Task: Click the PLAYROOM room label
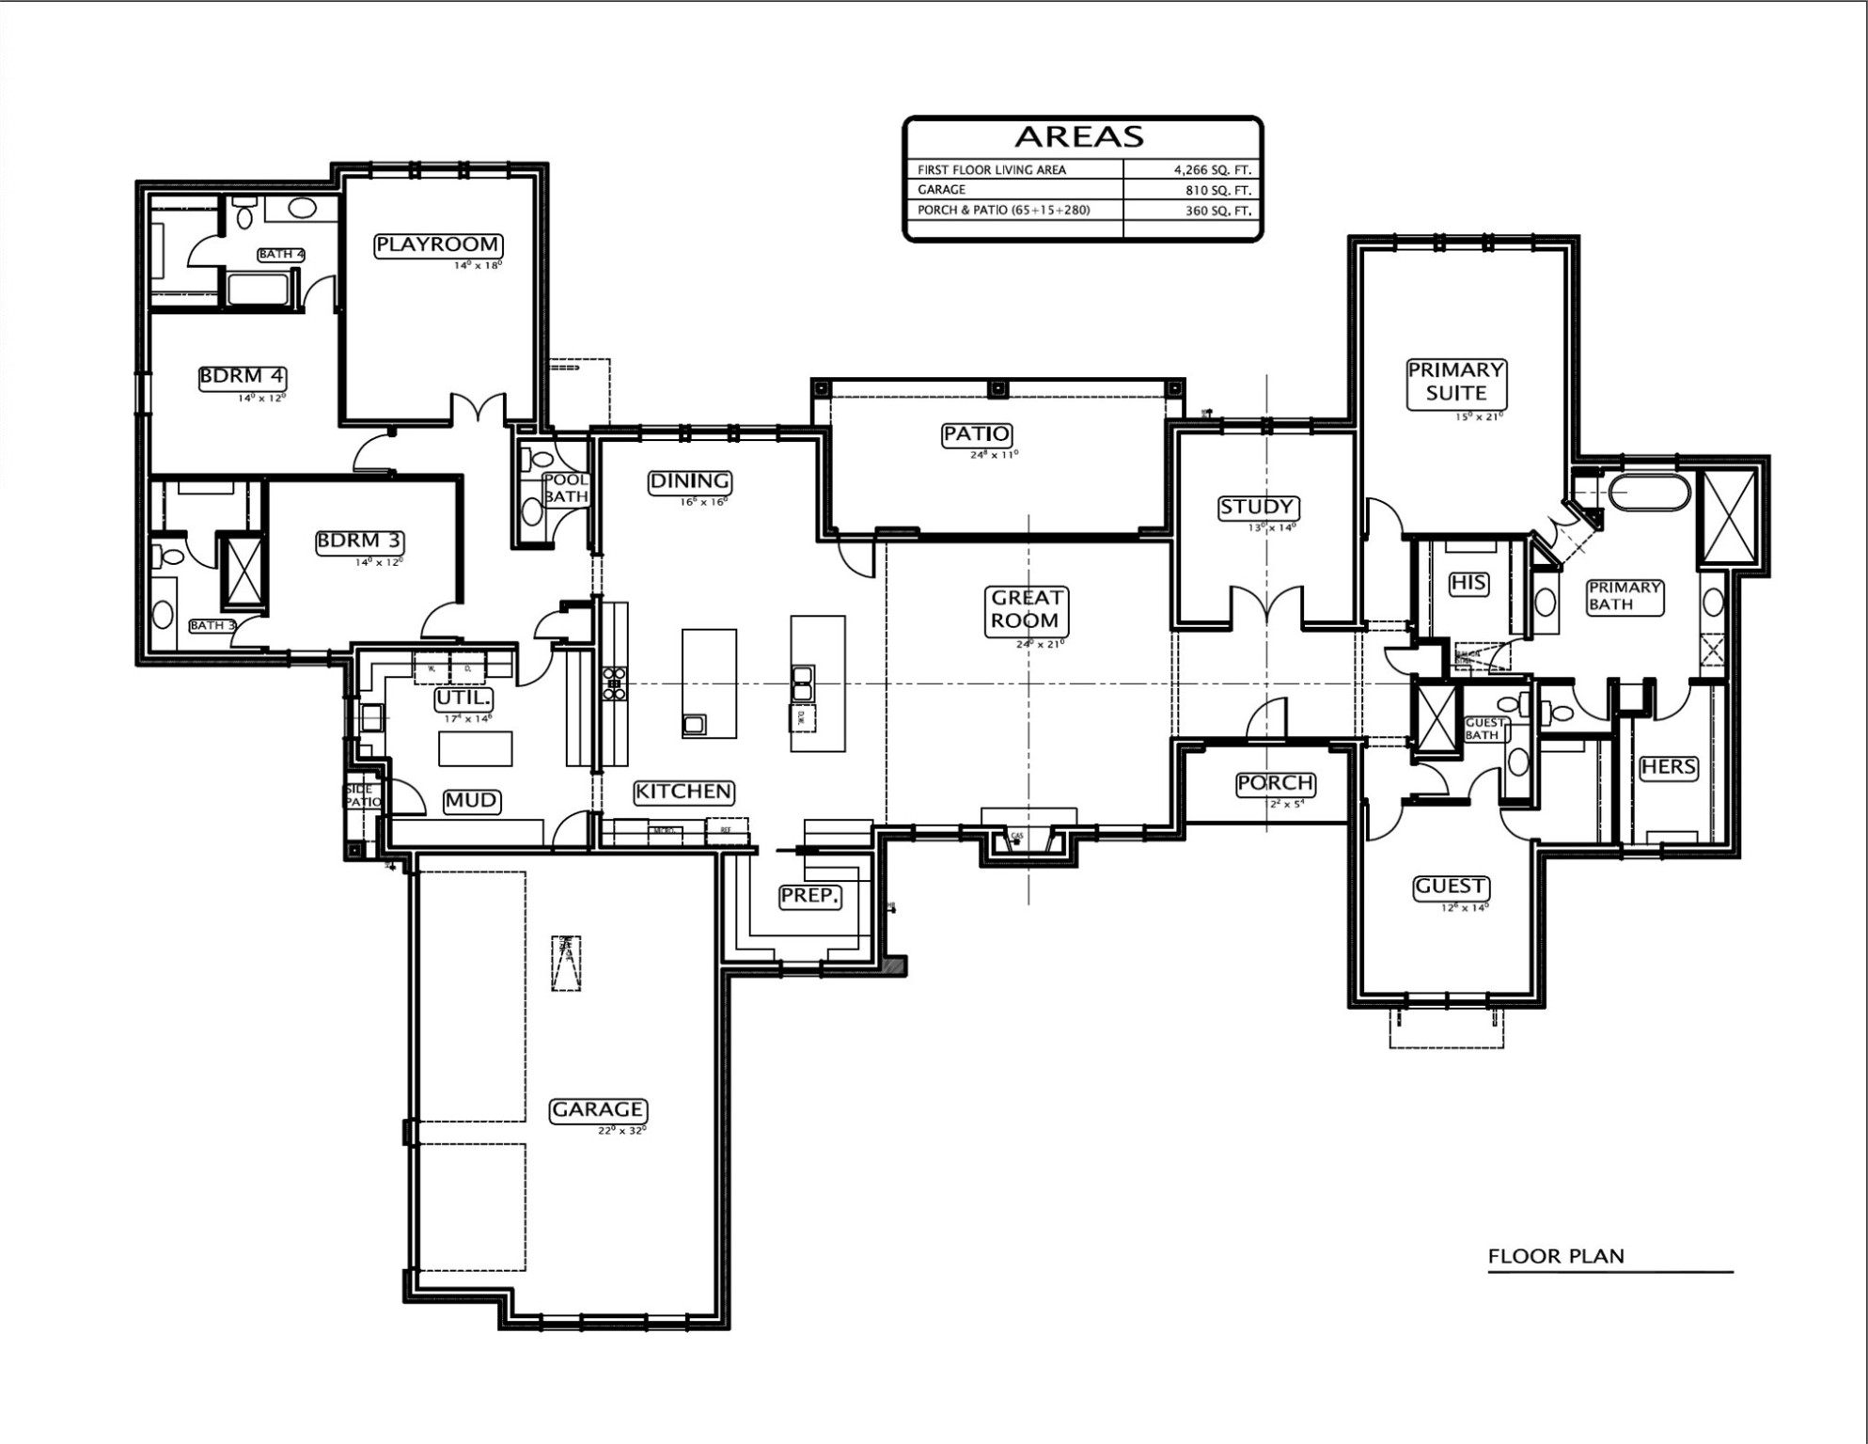pos(438,245)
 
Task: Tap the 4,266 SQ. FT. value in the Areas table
pos(1213,170)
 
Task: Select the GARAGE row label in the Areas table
pos(941,190)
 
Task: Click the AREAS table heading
pos(1079,137)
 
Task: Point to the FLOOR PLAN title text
pos(1556,1256)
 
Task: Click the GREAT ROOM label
pos(1027,609)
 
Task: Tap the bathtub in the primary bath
pos(1649,493)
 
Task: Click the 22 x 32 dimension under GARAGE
pos(622,1130)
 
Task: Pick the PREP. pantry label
pos(809,896)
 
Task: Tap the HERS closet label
pos(1668,767)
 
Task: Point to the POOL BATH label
pos(566,489)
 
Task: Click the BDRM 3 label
pos(360,541)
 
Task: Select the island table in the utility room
pos(476,748)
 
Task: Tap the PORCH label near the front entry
pos(1275,783)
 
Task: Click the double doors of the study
pos(1266,606)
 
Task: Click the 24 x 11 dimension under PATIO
pos(994,455)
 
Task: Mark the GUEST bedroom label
pos(1450,887)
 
